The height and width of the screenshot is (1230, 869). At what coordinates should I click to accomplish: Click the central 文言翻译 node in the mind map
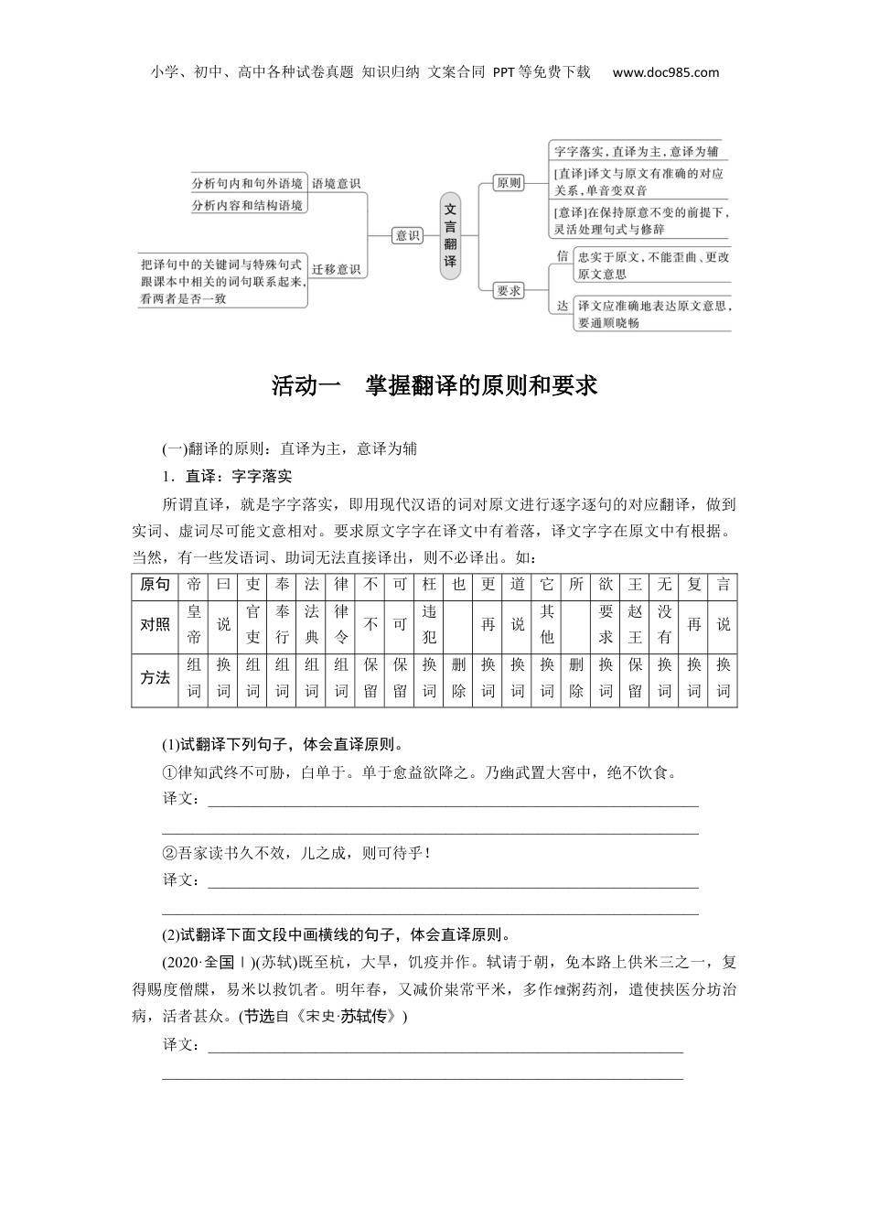(x=450, y=235)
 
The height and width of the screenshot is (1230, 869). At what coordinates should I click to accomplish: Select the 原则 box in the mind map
(x=508, y=183)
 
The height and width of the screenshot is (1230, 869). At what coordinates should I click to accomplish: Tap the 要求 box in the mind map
(x=509, y=291)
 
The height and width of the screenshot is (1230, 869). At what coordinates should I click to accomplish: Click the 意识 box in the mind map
(x=407, y=235)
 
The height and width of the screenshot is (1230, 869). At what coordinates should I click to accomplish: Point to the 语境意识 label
(x=337, y=183)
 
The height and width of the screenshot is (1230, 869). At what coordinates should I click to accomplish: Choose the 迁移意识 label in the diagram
(x=337, y=270)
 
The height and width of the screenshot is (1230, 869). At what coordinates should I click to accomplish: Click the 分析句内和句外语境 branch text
(x=247, y=183)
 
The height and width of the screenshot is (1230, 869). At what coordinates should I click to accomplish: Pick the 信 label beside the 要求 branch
(x=563, y=256)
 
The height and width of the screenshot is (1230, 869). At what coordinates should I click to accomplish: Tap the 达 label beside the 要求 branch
(x=563, y=306)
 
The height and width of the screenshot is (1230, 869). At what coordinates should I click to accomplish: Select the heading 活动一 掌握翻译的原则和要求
(x=434, y=385)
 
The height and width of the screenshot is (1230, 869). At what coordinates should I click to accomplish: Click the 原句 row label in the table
(x=155, y=585)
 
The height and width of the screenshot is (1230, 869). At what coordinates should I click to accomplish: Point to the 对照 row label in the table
(x=155, y=624)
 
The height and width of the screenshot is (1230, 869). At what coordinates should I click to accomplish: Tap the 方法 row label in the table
(x=155, y=678)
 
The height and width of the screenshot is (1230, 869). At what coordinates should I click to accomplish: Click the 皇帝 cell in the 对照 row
(x=194, y=624)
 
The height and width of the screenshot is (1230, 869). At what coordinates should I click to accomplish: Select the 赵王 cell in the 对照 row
(x=635, y=624)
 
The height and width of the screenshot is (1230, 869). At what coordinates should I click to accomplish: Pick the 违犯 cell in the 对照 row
(x=429, y=624)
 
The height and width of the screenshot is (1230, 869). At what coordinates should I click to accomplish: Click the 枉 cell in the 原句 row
(x=429, y=585)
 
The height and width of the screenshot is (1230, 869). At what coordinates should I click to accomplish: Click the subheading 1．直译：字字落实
(x=226, y=476)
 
